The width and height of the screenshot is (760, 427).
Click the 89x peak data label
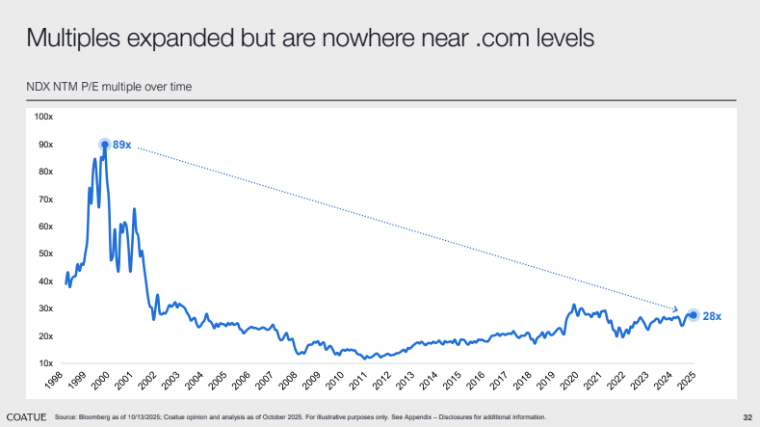[122, 144]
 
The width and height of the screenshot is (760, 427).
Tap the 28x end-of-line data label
[712, 316]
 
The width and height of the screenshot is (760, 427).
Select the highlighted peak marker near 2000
[104, 145]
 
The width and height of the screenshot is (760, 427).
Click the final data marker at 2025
[692, 315]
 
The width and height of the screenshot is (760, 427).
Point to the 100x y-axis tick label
[44, 116]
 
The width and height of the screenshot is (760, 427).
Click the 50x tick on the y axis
[46, 254]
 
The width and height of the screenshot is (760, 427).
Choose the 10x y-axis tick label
[46, 363]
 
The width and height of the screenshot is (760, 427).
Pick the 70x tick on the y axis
[46, 199]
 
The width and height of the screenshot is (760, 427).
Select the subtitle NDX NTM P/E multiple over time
[109, 87]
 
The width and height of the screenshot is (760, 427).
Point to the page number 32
[747, 416]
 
